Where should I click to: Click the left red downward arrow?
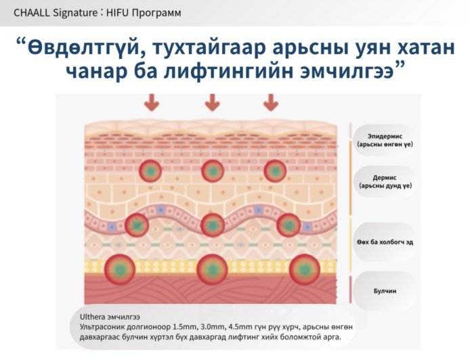click(151, 102)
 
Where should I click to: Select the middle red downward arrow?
click(213, 102)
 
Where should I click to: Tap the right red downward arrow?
click(271, 102)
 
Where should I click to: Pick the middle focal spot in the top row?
click(213, 171)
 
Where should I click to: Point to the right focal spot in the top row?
click(275, 171)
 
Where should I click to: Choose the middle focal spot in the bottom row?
click(213, 269)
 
